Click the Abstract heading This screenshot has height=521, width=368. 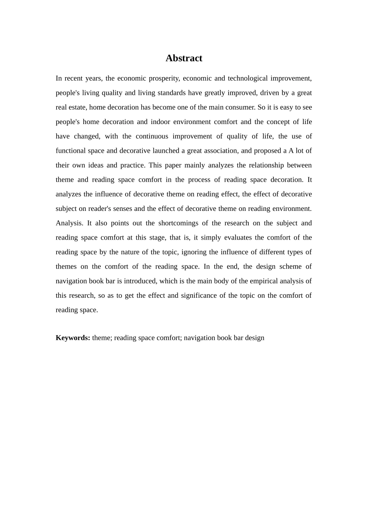tap(184, 58)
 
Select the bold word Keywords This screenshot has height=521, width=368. tap(73, 338)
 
